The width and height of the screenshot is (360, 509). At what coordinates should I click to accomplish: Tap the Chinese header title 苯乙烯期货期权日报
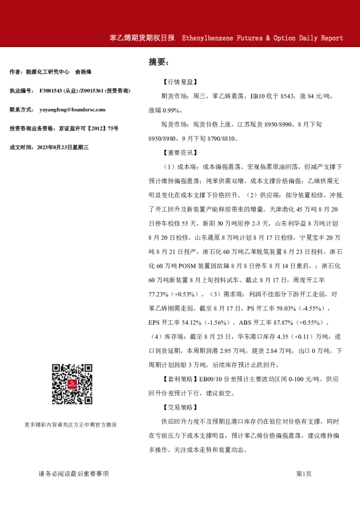coord(142,37)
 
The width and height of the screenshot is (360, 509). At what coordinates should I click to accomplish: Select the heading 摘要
coord(159,62)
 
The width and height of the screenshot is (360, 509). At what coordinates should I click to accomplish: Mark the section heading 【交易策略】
coord(180,407)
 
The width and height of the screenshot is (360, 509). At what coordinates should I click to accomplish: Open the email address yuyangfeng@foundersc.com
coord(72,109)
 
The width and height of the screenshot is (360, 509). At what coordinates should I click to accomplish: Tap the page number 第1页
coord(304,473)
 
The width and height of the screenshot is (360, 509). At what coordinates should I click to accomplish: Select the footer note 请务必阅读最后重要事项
coord(73,473)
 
